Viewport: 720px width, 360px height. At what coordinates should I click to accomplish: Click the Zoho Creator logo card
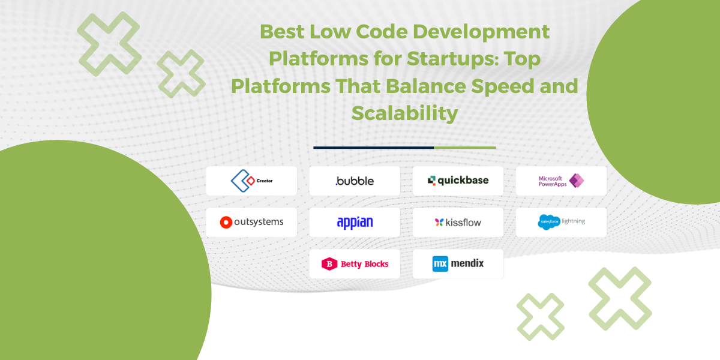pos(251,181)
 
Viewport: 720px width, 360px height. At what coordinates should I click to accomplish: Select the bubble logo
pos(355,181)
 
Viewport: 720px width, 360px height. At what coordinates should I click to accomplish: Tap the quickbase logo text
pos(463,180)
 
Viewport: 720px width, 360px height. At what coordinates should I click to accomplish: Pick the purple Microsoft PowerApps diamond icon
pos(577,181)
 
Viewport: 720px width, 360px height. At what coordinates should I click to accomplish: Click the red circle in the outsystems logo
pos(226,222)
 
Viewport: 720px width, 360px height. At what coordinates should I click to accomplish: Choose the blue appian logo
pos(355,222)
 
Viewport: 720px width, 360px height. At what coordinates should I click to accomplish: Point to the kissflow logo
pos(458,222)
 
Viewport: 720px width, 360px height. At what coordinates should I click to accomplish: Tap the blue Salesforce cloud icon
pos(548,221)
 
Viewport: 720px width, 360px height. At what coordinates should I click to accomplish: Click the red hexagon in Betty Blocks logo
pos(329,263)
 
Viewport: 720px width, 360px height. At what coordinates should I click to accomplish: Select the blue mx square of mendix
pos(440,263)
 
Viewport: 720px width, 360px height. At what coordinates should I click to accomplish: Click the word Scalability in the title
pos(404,113)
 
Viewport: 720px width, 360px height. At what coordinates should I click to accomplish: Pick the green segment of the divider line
pos(465,147)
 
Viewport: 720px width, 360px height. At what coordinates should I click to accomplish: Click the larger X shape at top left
pos(109,43)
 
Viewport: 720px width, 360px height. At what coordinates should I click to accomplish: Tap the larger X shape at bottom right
pos(619,298)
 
